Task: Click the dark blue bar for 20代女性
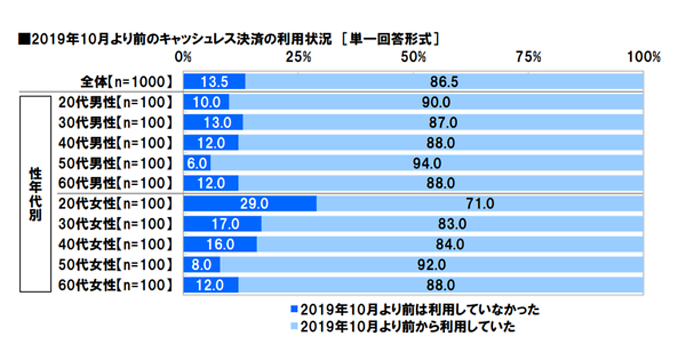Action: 249,203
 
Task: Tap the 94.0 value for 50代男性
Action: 426,163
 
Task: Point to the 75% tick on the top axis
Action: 529,57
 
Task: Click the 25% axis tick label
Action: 298,57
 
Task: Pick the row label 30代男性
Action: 115,122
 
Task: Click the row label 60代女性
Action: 115,284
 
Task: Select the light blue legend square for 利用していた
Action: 295,327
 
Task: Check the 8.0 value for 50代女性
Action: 202,264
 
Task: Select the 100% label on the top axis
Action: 644,57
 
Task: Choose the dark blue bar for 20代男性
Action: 206,102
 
